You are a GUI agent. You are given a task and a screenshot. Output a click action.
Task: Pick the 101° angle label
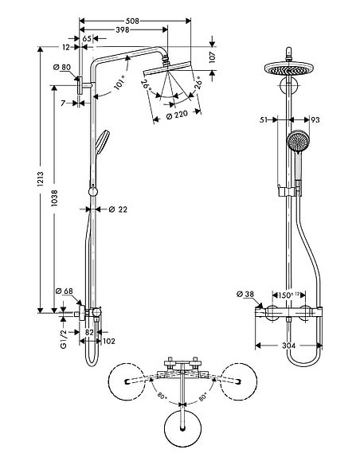[119, 84]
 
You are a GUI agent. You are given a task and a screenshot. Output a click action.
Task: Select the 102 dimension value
[108, 342]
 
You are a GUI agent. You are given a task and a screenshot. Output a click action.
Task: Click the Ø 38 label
[245, 295]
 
